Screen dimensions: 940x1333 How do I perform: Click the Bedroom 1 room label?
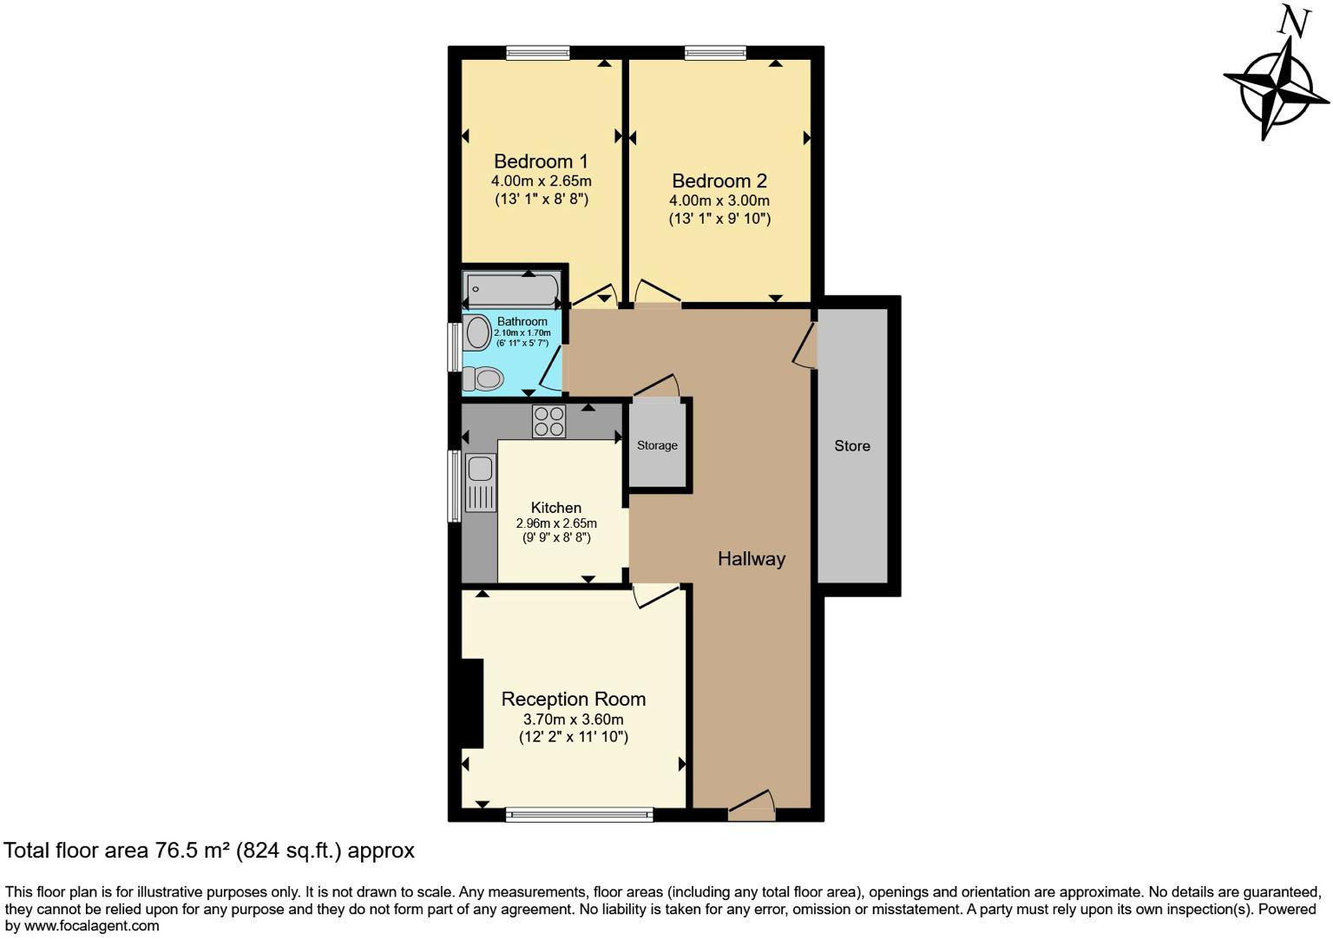tap(541, 161)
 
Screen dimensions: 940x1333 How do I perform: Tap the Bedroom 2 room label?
tap(719, 181)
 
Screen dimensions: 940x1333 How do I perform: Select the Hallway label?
tap(751, 559)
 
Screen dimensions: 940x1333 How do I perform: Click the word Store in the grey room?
tap(851, 446)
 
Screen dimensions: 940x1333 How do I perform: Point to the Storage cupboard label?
tap(657, 445)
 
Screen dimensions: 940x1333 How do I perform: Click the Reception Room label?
tap(573, 700)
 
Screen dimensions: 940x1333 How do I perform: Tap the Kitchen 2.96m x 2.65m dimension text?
tap(556, 523)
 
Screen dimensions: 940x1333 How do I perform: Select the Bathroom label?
tap(522, 321)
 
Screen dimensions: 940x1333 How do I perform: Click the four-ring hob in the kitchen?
tap(548, 422)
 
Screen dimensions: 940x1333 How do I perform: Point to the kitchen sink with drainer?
tap(479, 483)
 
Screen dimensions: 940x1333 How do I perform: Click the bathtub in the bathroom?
tap(511, 289)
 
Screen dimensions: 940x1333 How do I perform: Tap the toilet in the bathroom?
tap(483, 378)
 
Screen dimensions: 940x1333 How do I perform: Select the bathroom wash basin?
tap(476, 332)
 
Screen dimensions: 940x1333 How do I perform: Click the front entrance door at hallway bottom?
tap(751, 807)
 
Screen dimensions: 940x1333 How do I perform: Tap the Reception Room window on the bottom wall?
tap(579, 814)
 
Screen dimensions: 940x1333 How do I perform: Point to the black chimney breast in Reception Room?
tap(472, 703)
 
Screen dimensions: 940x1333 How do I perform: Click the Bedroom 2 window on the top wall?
tap(715, 53)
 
